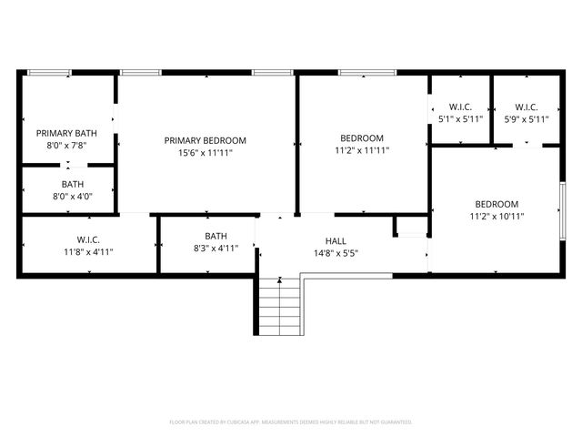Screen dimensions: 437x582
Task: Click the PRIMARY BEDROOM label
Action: pos(205,140)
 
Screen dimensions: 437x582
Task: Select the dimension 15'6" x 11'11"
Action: pos(205,152)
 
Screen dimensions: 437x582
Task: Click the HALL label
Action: pos(336,240)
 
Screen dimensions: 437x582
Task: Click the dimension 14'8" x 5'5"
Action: pos(336,252)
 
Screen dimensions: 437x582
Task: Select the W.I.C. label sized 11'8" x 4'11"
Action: pos(88,239)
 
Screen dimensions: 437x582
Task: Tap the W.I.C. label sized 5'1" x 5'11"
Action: pos(460,106)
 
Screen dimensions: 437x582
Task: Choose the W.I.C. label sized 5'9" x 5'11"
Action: pos(526,106)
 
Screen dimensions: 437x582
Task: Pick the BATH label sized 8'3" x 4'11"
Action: pos(216,236)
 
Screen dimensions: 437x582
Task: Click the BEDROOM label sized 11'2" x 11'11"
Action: pos(362,138)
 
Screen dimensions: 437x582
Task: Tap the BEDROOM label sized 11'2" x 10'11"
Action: pos(497,204)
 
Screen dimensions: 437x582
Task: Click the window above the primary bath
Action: pos(49,72)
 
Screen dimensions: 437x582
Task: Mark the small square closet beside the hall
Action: pos(410,228)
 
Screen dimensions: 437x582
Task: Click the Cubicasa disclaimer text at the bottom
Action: pos(291,422)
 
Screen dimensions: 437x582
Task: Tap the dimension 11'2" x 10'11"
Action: pos(497,216)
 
